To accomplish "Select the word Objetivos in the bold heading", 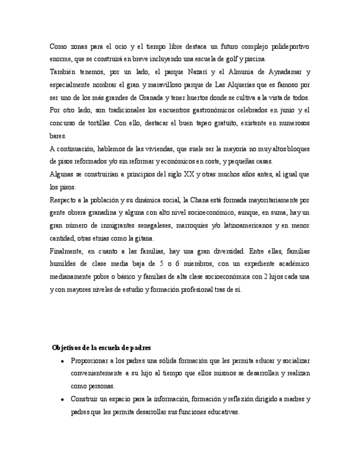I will pos(67,348).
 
